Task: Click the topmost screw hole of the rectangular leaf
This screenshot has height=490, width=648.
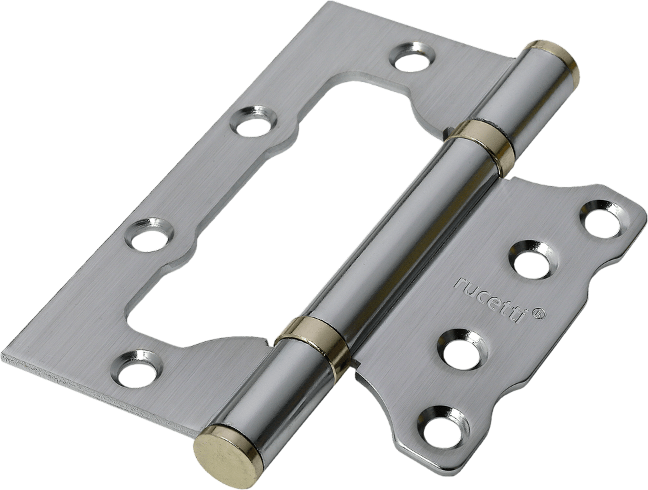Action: coord(412,57)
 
